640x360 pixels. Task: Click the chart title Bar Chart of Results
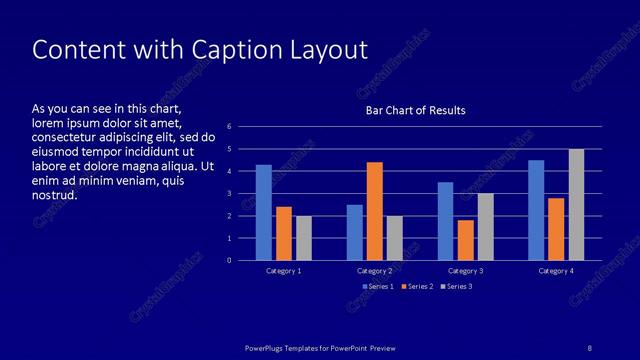(x=415, y=110)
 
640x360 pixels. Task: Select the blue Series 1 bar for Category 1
(x=263, y=212)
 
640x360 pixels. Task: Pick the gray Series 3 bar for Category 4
(x=577, y=205)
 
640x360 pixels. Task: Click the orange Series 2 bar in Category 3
(x=465, y=240)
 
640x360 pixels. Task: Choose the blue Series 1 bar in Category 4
(x=536, y=210)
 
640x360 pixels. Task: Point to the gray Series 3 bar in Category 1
(x=304, y=238)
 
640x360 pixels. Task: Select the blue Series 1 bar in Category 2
(x=354, y=232)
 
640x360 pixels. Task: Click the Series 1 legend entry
(x=377, y=287)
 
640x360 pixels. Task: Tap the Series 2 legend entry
(x=418, y=287)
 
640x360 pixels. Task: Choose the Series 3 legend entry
(x=457, y=287)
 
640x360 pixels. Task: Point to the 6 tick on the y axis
(x=229, y=127)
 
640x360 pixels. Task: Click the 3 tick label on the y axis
(x=229, y=194)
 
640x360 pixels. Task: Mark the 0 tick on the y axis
(x=229, y=261)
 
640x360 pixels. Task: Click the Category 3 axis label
(x=465, y=271)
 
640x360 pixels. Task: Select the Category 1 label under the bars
(x=283, y=271)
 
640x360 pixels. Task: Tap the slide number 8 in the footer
(x=590, y=347)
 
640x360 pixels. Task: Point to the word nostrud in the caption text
(x=54, y=195)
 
